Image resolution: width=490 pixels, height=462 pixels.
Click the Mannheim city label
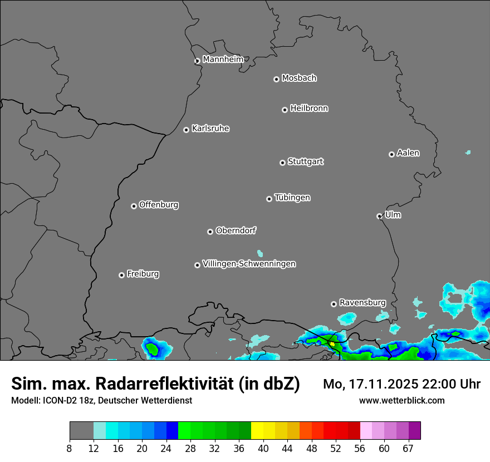click(223, 59)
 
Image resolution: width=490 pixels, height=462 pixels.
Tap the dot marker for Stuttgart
click(282, 163)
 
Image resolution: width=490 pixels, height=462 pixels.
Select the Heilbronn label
click(309, 108)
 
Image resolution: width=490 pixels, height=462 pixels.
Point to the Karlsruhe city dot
click(186, 130)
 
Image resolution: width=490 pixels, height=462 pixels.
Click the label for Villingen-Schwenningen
click(249, 263)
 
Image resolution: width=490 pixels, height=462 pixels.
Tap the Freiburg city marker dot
click(121, 275)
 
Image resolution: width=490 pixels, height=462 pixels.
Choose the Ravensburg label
click(362, 302)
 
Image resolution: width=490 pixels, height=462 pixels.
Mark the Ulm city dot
click(379, 216)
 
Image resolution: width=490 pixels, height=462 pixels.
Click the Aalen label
click(408, 153)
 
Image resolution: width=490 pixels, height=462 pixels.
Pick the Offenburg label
click(159, 204)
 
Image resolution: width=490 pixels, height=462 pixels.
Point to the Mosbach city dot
click(276, 79)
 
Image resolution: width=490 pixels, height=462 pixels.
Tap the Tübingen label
click(292, 197)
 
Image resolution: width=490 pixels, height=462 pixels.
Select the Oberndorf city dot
click(210, 232)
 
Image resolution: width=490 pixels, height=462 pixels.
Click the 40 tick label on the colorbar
click(263, 448)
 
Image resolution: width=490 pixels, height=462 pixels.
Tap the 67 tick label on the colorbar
click(408, 448)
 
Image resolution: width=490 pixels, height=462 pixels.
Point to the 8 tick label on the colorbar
click(70, 448)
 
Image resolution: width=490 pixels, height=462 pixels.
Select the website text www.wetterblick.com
click(401, 400)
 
